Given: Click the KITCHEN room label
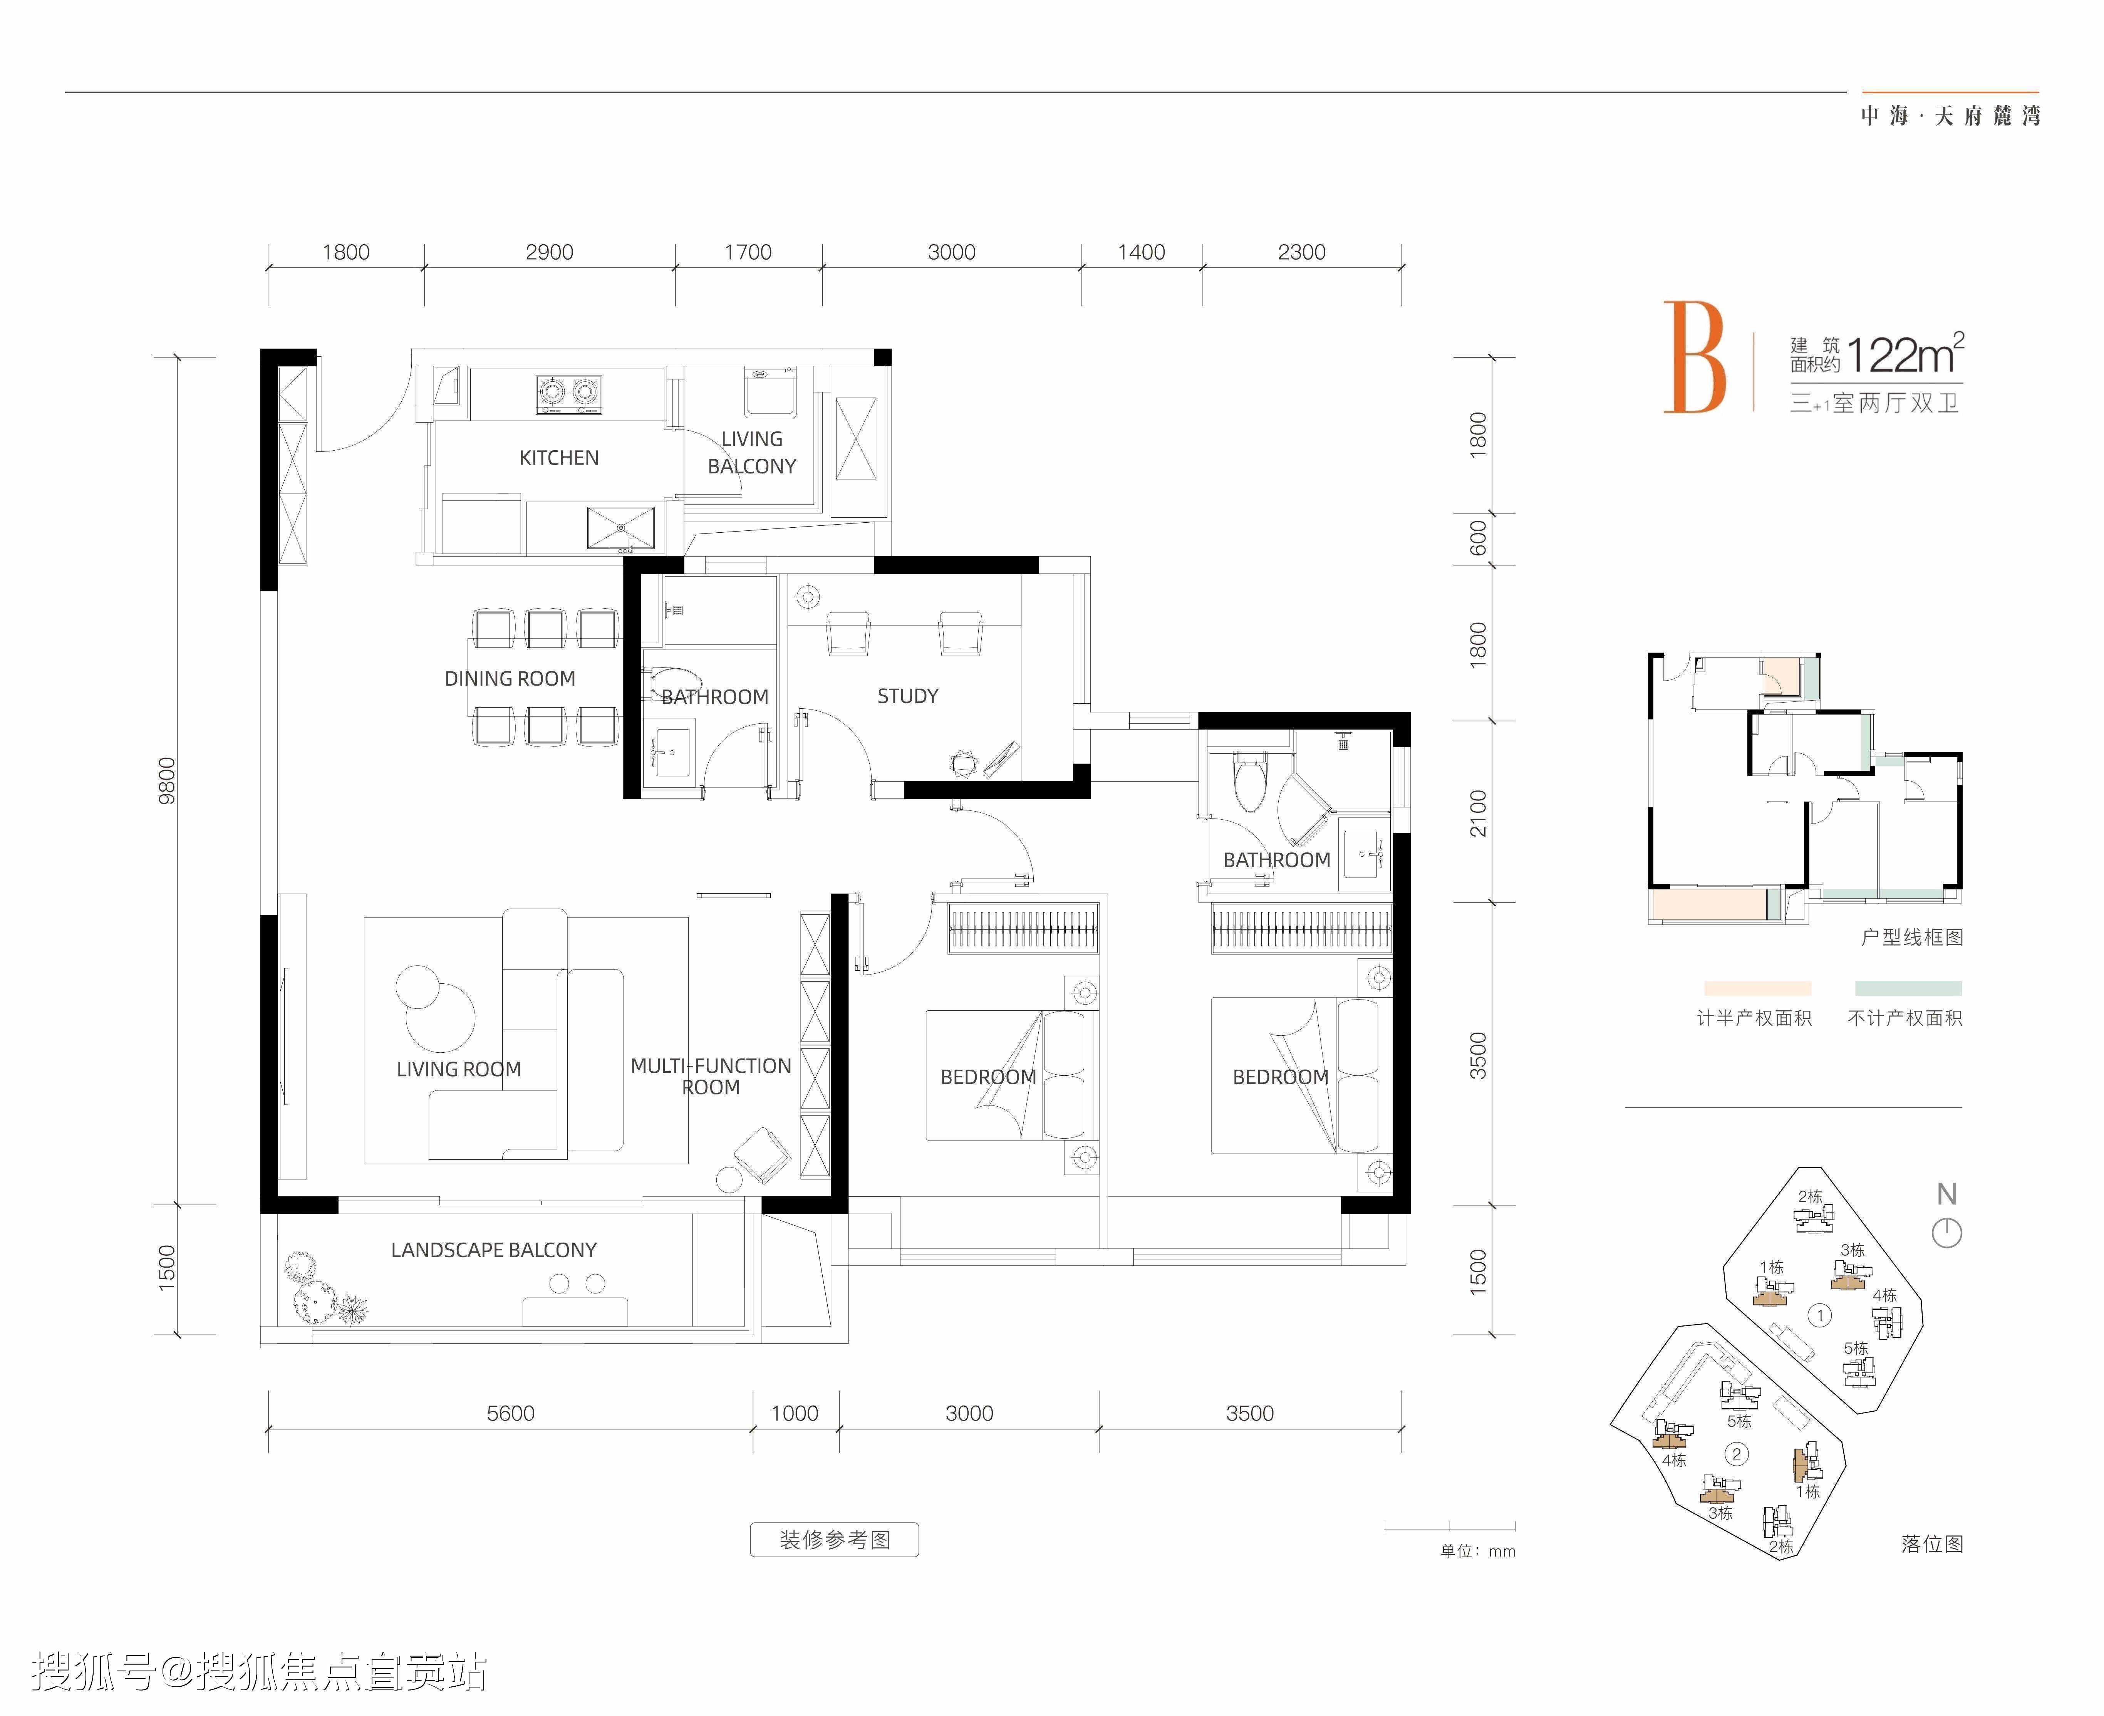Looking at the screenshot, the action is (x=558, y=458).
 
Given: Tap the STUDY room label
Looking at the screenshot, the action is (x=907, y=696).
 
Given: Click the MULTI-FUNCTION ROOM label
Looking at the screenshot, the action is (x=711, y=1075).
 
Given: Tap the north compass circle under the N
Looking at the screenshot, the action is (x=1946, y=1233).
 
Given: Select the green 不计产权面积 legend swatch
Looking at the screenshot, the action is (x=1907, y=988).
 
